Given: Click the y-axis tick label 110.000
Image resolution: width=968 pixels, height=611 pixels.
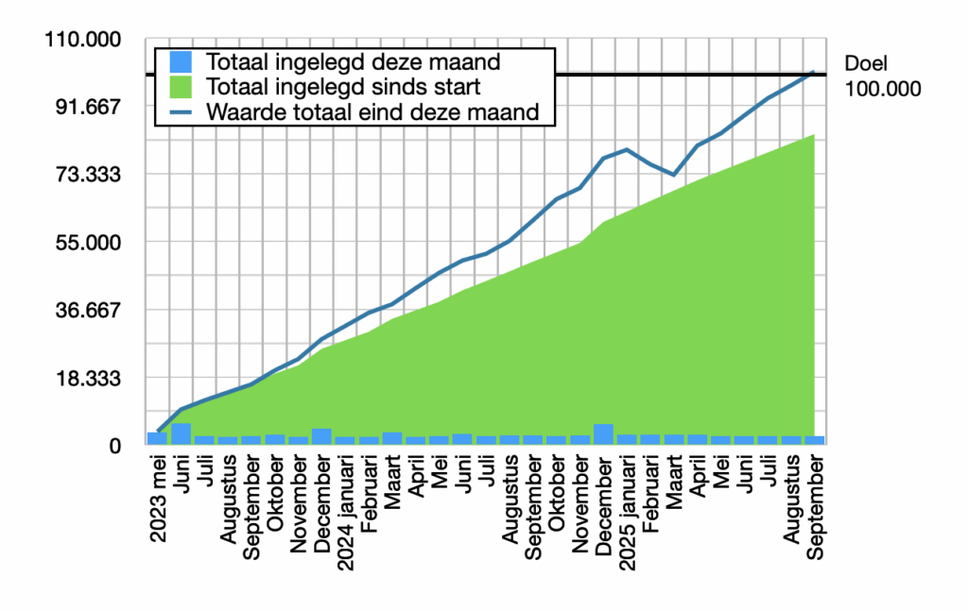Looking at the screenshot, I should click(x=83, y=40).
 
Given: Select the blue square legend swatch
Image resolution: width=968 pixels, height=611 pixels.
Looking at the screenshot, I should click(x=181, y=62).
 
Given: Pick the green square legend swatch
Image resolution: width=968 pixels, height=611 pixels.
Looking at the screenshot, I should click(x=181, y=87).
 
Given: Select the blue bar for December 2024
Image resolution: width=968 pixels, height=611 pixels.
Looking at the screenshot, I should click(x=603, y=434).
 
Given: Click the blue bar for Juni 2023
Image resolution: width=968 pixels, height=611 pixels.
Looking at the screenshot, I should click(x=181, y=433).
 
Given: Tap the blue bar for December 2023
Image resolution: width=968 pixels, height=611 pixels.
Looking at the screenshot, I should click(x=321, y=436).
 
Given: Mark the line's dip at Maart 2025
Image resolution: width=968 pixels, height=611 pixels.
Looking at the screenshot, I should click(x=674, y=175).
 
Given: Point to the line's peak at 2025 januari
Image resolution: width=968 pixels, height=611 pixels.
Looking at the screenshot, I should click(x=627, y=149).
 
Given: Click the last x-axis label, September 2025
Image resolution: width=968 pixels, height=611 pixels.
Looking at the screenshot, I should click(x=816, y=507).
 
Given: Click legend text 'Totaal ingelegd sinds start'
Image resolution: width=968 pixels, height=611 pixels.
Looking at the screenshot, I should click(x=344, y=87).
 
